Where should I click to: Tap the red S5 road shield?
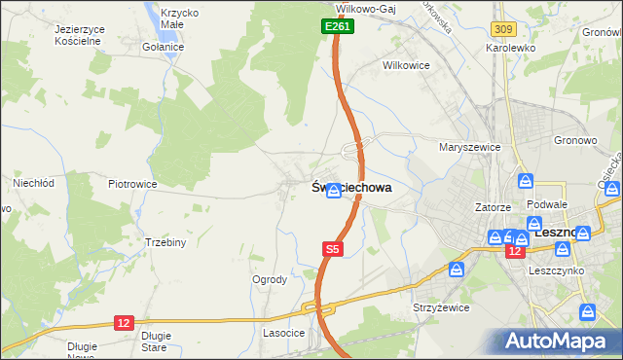(333, 250)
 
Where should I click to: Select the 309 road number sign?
(503, 32)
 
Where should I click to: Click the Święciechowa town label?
(352, 190)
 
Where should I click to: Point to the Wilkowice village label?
(406, 66)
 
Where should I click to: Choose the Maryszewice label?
(469, 147)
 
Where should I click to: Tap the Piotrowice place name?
(132, 183)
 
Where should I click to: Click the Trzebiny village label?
(165, 242)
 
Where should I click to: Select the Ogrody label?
(270, 279)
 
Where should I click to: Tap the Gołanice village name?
(163, 47)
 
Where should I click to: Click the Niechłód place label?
(32, 182)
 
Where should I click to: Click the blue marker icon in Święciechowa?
(333, 193)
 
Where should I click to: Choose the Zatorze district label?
(493, 207)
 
